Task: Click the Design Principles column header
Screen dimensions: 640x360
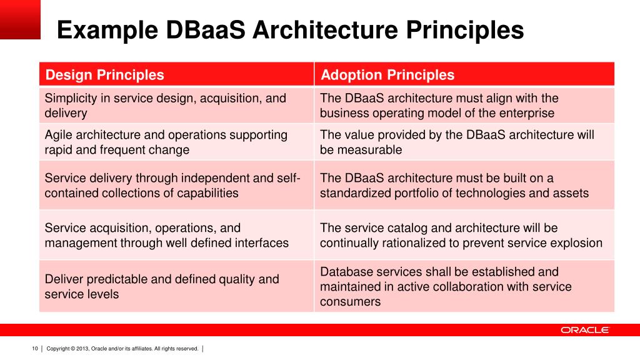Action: coord(105,76)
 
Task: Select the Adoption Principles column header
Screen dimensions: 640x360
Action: coord(387,76)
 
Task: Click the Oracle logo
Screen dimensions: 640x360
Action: coord(584,330)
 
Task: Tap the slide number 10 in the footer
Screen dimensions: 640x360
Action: coord(35,348)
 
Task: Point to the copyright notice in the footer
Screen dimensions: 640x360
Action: coord(122,348)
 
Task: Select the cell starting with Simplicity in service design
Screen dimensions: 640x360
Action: coord(166,106)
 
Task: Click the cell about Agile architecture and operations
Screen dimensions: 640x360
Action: coord(166,142)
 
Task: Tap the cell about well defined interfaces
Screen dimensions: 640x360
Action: coord(167,235)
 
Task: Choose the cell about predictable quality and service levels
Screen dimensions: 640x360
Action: coord(162,286)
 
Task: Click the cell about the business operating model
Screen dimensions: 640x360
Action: coord(439,106)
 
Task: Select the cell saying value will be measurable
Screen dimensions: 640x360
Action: coord(457,142)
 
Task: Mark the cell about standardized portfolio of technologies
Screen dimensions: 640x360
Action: coord(454,186)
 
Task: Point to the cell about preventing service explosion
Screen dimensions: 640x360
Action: coord(461,235)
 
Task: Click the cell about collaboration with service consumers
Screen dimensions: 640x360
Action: coord(446,286)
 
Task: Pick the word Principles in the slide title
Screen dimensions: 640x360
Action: coord(466,31)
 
